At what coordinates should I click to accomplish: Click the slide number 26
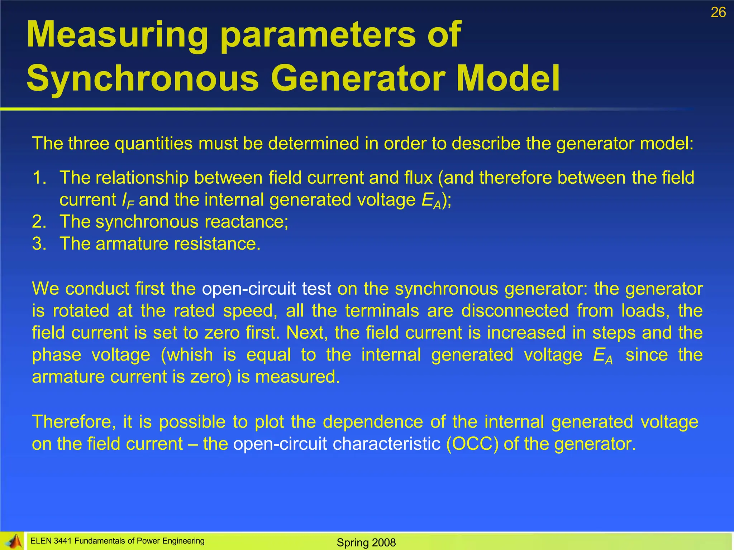click(x=718, y=13)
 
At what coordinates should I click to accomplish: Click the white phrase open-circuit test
click(x=266, y=289)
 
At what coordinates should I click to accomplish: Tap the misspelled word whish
click(x=190, y=355)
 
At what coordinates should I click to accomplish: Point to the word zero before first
click(x=222, y=333)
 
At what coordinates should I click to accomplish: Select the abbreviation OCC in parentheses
click(x=472, y=444)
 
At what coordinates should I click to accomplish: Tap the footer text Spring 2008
click(x=366, y=542)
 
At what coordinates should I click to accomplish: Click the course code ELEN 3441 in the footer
click(x=52, y=541)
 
